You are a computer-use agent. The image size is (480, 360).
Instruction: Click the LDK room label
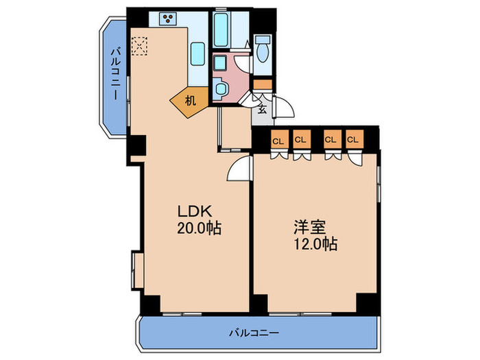click(195, 211)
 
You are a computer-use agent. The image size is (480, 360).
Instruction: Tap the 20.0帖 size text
click(199, 228)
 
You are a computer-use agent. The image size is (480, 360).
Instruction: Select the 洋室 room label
click(309, 228)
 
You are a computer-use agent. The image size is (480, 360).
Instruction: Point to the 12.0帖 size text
click(315, 244)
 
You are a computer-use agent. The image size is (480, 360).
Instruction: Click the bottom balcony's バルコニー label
click(254, 333)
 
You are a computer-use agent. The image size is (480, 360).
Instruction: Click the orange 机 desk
click(190, 101)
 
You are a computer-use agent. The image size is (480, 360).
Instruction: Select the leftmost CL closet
click(280, 140)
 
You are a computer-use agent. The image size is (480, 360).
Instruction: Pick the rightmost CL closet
click(355, 140)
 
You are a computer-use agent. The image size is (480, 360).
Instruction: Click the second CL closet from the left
click(302, 140)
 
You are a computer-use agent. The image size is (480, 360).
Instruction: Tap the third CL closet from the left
click(333, 140)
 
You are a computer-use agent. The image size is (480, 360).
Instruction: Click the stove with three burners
click(168, 19)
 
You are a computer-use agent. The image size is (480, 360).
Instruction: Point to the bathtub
click(220, 30)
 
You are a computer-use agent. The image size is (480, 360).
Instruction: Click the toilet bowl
click(263, 49)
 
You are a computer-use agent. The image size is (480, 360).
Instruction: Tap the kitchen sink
click(197, 53)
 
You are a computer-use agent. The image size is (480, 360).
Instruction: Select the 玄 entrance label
click(262, 108)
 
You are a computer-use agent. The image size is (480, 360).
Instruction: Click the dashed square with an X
click(140, 46)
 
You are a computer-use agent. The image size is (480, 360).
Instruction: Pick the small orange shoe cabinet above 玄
click(263, 84)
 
